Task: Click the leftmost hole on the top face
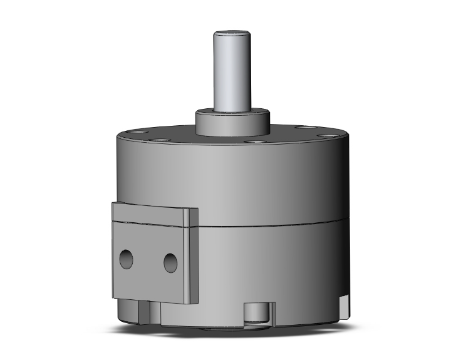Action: tap(136, 132)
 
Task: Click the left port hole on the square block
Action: tap(126, 259)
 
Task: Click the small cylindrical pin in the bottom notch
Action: tap(256, 313)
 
